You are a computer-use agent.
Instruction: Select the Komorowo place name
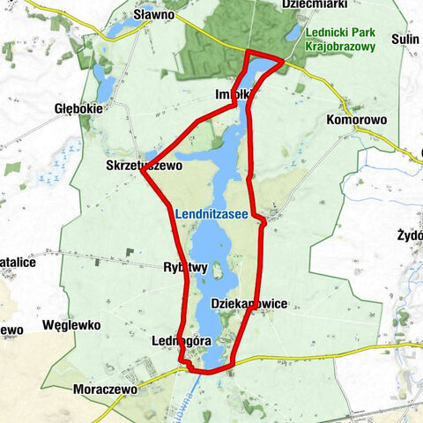click(x=353, y=118)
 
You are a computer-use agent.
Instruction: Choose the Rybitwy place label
click(x=185, y=267)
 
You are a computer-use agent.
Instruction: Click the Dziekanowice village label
click(x=249, y=303)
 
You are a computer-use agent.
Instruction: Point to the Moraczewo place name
click(x=101, y=388)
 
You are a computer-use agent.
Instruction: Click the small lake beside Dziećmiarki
click(x=292, y=34)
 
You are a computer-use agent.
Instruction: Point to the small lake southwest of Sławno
click(x=105, y=84)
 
